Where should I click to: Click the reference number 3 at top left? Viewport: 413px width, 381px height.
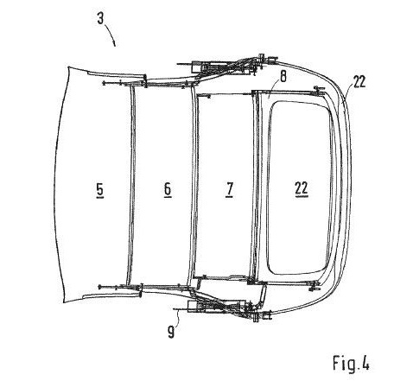tap(100, 19)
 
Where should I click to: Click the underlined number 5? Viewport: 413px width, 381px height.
tap(99, 190)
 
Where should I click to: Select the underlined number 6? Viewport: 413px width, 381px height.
tap(168, 189)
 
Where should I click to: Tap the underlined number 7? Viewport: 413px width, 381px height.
tap(229, 189)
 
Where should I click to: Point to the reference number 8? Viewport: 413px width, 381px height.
tap(283, 77)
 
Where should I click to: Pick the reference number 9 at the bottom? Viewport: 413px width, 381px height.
tap(171, 333)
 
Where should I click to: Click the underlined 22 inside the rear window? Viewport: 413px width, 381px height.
tap(302, 189)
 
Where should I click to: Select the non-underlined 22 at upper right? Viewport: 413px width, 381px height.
tap(359, 82)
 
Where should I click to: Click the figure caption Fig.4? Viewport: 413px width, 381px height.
tap(351, 363)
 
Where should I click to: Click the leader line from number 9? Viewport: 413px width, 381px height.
tap(179, 318)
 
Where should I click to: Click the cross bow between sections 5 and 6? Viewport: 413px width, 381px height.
tap(132, 184)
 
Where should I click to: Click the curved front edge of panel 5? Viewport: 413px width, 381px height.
tap(57, 184)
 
